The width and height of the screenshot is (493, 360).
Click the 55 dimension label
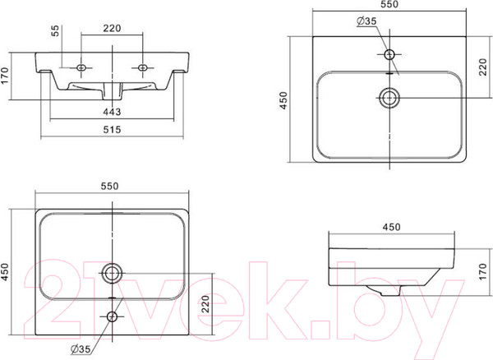tap(55, 30)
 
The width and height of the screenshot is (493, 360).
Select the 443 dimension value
tap(112, 112)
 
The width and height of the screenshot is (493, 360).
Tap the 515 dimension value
tap(112, 129)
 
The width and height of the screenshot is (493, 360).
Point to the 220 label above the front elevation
tap(112, 28)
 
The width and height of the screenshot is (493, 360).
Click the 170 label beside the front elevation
tap(4, 76)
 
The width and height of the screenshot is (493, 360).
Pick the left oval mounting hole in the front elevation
tap(81, 67)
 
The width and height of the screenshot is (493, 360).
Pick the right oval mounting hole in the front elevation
tap(143, 67)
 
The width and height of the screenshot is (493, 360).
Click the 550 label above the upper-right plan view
tap(389, 4)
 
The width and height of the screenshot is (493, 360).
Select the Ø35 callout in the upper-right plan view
tap(366, 21)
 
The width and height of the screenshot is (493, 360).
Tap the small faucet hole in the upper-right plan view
tap(389, 54)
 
